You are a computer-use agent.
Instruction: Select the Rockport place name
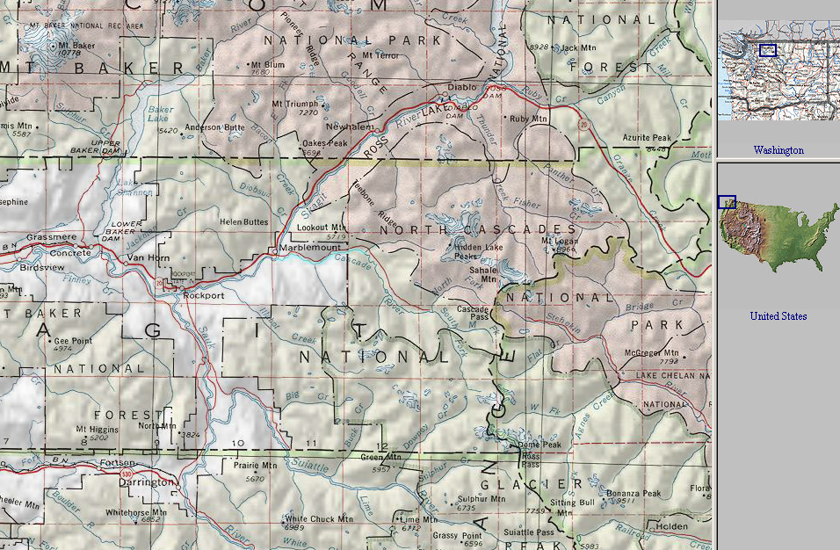(204, 296)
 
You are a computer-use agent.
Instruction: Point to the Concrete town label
(70, 253)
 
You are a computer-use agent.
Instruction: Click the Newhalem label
(349, 127)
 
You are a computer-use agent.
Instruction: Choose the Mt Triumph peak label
(295, 104)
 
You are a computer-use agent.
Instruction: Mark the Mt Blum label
(269, 64)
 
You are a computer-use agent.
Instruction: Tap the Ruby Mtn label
(528, 119)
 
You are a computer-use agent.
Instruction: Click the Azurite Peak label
(646, 139)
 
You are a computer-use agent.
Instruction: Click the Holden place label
(672, 526)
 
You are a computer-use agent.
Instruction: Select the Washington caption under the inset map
(778, 150)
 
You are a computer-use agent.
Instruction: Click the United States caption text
(778, 315)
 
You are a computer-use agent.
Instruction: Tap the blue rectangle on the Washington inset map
(768, 50)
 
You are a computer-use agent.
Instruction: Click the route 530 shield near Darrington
(127, 474)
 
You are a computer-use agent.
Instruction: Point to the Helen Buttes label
(244, 222)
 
